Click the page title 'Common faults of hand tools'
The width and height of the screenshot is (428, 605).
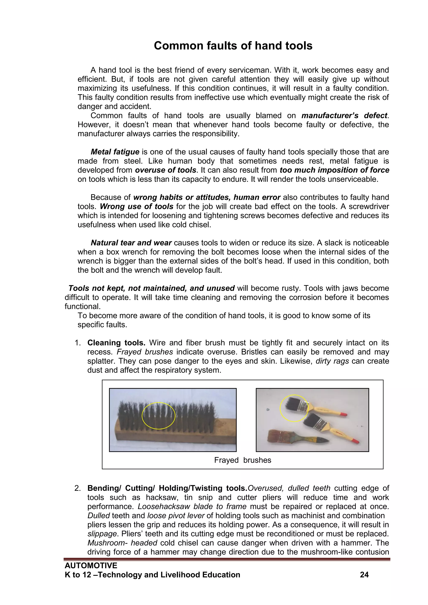(233, 46)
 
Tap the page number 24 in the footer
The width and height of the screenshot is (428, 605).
(364, 575)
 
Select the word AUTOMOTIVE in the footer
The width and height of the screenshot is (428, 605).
(91, 566)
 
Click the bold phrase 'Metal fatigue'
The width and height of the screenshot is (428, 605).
(115, 152)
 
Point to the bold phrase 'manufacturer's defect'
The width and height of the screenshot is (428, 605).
(344, 116)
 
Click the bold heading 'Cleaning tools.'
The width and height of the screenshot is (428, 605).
(116, 343)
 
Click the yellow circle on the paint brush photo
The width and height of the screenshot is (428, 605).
(294, 408)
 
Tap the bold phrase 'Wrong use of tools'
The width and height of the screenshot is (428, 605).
(136, 207)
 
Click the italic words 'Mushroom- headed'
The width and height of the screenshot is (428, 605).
(122, 543)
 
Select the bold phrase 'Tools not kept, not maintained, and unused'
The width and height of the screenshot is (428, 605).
(152, 288)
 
